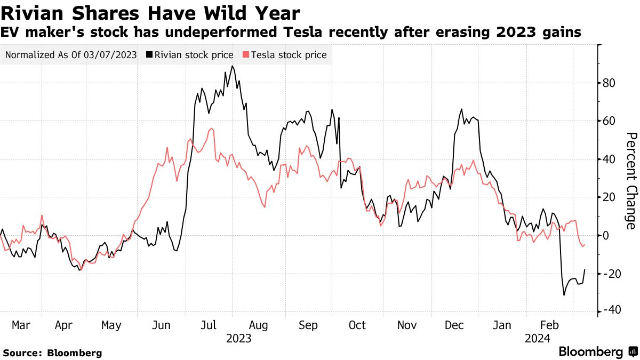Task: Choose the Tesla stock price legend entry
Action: click(x=285, y=55)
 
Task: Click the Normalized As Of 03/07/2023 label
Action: click(x=71, y=55)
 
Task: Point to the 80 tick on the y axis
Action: click(x=609, y=83)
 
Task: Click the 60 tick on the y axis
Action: click(x=609, y=121)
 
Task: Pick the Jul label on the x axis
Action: click(x=209, y=325)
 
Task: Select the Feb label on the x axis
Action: click(x=549, y=325)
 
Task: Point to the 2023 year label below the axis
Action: click(x=238, y=338)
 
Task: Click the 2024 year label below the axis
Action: click(x=538, y=338)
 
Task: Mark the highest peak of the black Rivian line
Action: click(x=232, y=66)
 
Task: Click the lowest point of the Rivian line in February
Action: click(x=564, y=295)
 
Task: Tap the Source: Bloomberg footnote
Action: click(x=52, y=353)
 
